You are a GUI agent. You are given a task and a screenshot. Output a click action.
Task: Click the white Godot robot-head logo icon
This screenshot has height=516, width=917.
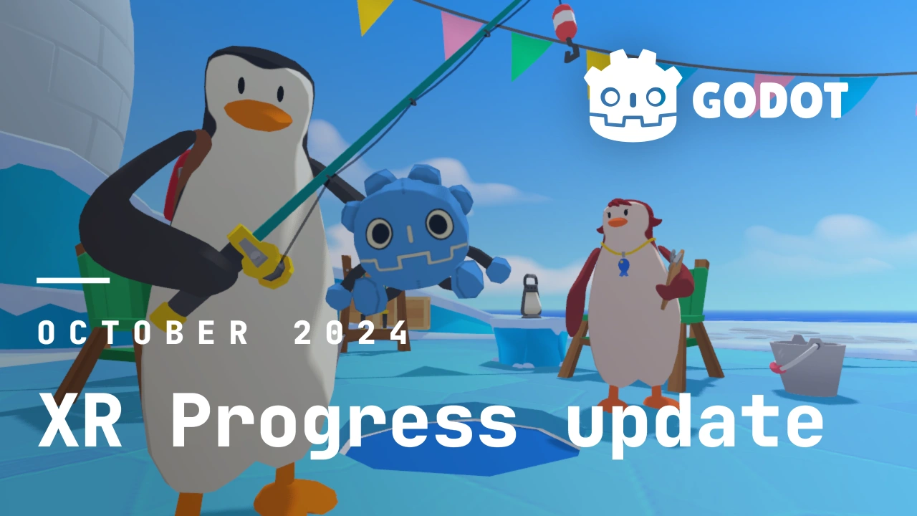(x=633, y=95)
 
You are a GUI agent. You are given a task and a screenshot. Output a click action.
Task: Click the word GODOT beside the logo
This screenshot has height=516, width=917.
(x=770, y=100)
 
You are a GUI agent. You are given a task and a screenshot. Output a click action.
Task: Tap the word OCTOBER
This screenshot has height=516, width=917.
(x=143, y=332)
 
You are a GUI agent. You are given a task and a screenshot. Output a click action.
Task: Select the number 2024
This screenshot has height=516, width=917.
(x=351, y=332)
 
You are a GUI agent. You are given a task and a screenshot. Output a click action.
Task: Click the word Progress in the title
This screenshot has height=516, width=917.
(x=344, y=423)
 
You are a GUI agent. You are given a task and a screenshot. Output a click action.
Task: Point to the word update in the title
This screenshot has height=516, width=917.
(x=695, y=423)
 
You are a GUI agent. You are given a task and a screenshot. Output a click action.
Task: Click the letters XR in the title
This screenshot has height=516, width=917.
(x=80, y=420)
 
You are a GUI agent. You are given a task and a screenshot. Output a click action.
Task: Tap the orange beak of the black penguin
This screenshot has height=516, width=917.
(x=257, y=113)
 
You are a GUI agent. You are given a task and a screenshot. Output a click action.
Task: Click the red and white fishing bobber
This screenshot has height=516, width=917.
(x=564, y=22)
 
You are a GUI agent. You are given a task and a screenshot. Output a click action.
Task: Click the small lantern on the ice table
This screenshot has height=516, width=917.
(x=531, y=296)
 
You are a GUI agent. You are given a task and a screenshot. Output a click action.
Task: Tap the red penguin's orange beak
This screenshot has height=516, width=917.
(x=618, y=222)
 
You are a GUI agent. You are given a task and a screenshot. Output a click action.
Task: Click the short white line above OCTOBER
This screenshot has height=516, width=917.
(x=73, y=280)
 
